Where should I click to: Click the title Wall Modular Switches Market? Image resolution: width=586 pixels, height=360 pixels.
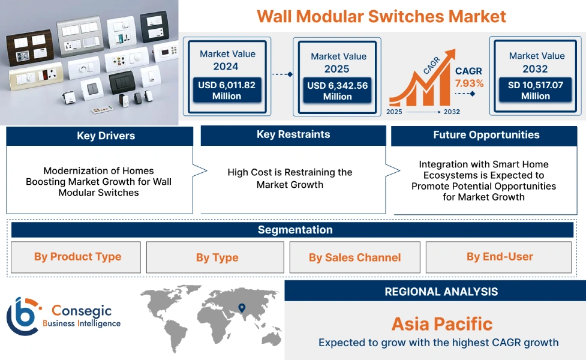pyautogui.click(x=381, y=16)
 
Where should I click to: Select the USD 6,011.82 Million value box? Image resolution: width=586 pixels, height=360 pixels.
pyautogui.click(x=227, y=91)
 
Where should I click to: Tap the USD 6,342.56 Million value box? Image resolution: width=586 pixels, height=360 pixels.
pyautogui.click(x=337, y=91)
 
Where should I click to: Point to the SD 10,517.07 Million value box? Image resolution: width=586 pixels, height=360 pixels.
pyautogui.click(x=536, y=91)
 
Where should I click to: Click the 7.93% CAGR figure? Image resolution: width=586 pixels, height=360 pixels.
pyautogui.click(x=469, y=83)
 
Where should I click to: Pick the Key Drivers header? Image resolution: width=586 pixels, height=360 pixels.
pyautogui.click(x=100, y=136)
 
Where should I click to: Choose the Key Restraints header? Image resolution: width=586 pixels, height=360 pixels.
pyautogui.click(x=293, y=135)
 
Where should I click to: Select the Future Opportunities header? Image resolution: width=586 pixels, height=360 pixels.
pyautogui.click(x=486, y=135)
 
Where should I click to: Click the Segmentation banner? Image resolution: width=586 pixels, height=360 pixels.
pyautogui.click(x=294, y=230)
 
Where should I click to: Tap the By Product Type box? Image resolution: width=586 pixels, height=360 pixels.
pyautogui.click(x=77, y=257)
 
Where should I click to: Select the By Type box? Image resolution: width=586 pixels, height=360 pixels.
pyautogui.click(x=217, y=257)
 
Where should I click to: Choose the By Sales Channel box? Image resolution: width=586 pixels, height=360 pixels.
pyautogui.click(x=354, y=257)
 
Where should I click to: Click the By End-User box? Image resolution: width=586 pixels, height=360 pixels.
pyautogui.click(x=499, y=257)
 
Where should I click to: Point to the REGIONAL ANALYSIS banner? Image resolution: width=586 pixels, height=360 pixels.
pyautogui.click(x=441, y=292)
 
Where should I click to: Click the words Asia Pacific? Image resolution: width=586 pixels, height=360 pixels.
pyautogui.click(x=441, y=324)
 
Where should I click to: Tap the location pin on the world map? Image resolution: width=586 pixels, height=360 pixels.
pyautogui.click(x=242, y=308)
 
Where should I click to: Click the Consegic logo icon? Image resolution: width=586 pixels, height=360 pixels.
pyautogui.click(x=22, y=316)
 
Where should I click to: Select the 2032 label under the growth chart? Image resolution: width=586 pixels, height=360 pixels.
pyautogui.click(x=452, y=112)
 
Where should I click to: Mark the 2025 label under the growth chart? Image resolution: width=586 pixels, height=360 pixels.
pyautogui.click(x=395, y=112)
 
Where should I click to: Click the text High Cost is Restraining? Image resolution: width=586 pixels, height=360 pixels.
pyautogui.click(x=290, y=173)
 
